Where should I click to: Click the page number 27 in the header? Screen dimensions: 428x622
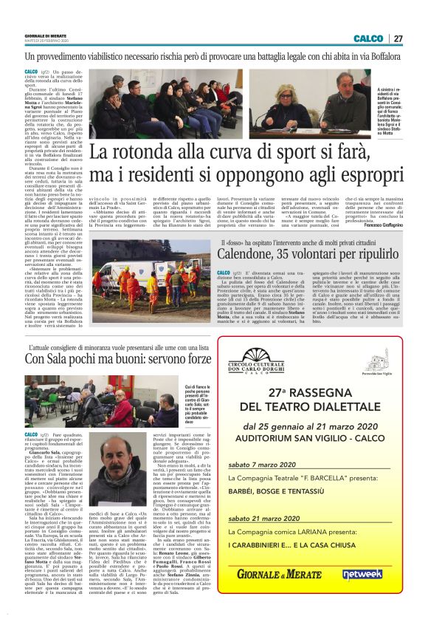[398, 38]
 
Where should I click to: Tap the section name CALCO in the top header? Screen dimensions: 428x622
[368, 38]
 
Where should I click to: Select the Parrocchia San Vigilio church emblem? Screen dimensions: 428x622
[381, 362]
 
